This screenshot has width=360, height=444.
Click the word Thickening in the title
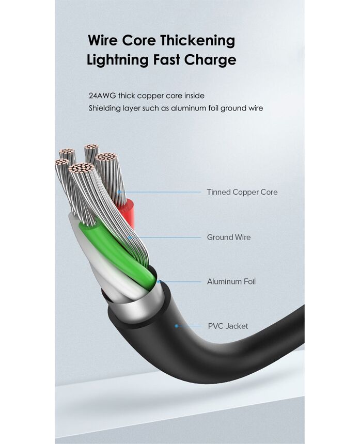[197, 41]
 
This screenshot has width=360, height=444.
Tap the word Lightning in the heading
[117, 60]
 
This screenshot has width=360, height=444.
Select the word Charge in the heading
[210, 60]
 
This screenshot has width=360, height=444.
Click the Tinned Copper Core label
[242, 192]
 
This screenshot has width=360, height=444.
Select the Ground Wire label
[229, 237]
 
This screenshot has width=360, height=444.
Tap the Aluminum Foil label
[231, 282]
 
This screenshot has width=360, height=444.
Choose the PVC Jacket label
[228, 326]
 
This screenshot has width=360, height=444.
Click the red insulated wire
[130, 212]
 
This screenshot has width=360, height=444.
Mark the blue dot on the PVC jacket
[177, 326]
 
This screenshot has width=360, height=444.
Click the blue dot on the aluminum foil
[159, 282]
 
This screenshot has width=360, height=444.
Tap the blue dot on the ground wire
[129, 237]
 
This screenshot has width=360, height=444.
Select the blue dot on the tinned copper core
[119, 192]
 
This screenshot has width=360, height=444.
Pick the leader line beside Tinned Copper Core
[160, 192]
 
